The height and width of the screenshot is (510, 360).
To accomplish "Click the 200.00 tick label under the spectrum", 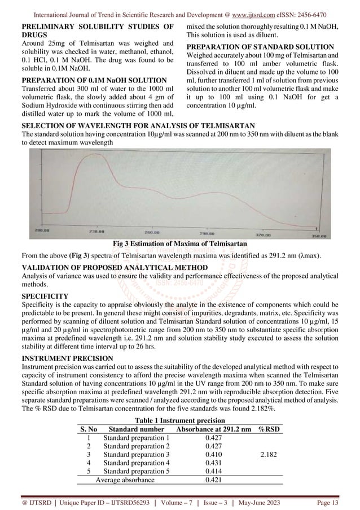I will [x=43, y=232].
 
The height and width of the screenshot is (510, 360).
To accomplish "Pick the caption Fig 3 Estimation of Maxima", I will [x=179, y=243].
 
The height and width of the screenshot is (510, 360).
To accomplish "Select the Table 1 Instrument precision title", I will [x=179, y=421].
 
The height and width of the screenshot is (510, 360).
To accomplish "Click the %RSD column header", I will [x=270, y=430].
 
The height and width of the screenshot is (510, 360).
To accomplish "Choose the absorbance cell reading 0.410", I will [x=213, y=454].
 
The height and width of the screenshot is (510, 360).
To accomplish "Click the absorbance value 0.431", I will [x=213, y=463].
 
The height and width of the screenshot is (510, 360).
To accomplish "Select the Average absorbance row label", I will [x=125, y=480].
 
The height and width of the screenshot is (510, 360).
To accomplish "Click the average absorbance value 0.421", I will [x=213, y=480].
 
